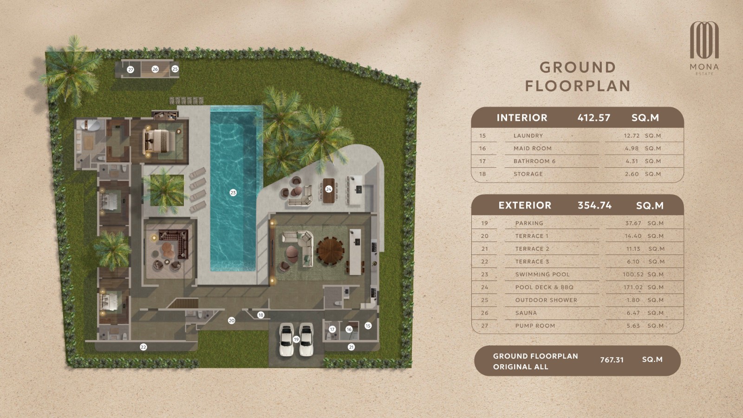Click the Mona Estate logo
point(704,48)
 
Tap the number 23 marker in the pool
point(233,192)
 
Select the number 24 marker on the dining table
point(329,189)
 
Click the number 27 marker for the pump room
point(130,70)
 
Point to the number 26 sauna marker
point(155,69)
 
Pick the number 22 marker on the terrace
point(143,347)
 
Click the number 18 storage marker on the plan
point(261,315)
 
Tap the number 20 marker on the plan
point(232,320)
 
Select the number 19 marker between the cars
point(296,339)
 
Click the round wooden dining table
point(330,250)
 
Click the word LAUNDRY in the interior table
point(528,136)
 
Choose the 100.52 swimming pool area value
point(633,274)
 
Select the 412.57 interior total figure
point(594,118)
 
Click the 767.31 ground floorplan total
point(612,360)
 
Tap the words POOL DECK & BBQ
point(544,287)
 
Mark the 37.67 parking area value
point(633,223)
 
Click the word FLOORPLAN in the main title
point(578,86)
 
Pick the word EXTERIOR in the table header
point(525,205)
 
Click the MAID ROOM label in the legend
point(532,148)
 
